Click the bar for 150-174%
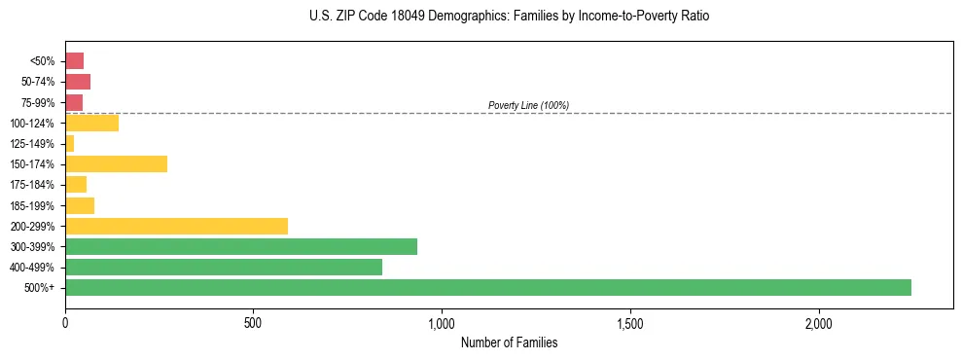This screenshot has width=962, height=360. pos(116,163)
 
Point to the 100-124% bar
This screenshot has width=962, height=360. pos(91,123)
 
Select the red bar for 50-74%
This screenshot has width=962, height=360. pos(78,81)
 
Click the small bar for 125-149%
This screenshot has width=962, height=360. pos(69,143)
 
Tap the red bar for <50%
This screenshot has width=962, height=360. pos(74,60)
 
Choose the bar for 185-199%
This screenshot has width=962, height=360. pos(80,205)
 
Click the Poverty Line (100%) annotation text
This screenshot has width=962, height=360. pos(528,105)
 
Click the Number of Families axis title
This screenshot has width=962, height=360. pos(509,342)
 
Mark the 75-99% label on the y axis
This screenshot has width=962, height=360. pos(37,102)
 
